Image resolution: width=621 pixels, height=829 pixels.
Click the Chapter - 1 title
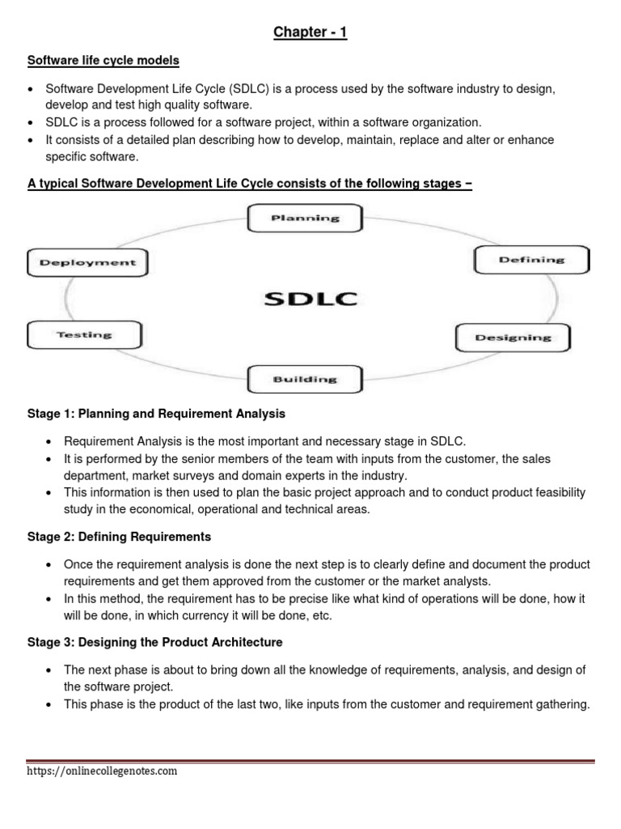tap(311, 33)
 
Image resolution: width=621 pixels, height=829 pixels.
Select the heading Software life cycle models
tap(104, 62)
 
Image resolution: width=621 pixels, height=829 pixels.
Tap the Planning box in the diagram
tap(305, 218)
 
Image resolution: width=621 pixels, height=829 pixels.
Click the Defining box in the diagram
tap(531, 260)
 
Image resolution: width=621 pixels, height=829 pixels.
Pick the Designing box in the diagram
tap(513, 338)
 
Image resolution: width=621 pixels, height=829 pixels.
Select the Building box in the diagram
tap(304, 379)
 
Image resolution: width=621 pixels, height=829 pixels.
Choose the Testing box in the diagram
tap(85, 334)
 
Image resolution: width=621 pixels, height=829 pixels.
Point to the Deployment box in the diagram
tap(87, 262)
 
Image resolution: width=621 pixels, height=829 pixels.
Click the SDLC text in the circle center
tap(310, 300)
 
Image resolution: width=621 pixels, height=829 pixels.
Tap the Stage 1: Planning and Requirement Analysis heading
tap(157, 414)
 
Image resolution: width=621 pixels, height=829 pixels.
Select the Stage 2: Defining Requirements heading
tap(120, 537)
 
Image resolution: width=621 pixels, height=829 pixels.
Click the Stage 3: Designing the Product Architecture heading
tap(155, 643)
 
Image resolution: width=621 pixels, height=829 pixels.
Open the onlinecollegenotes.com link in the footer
tap(102, 772)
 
